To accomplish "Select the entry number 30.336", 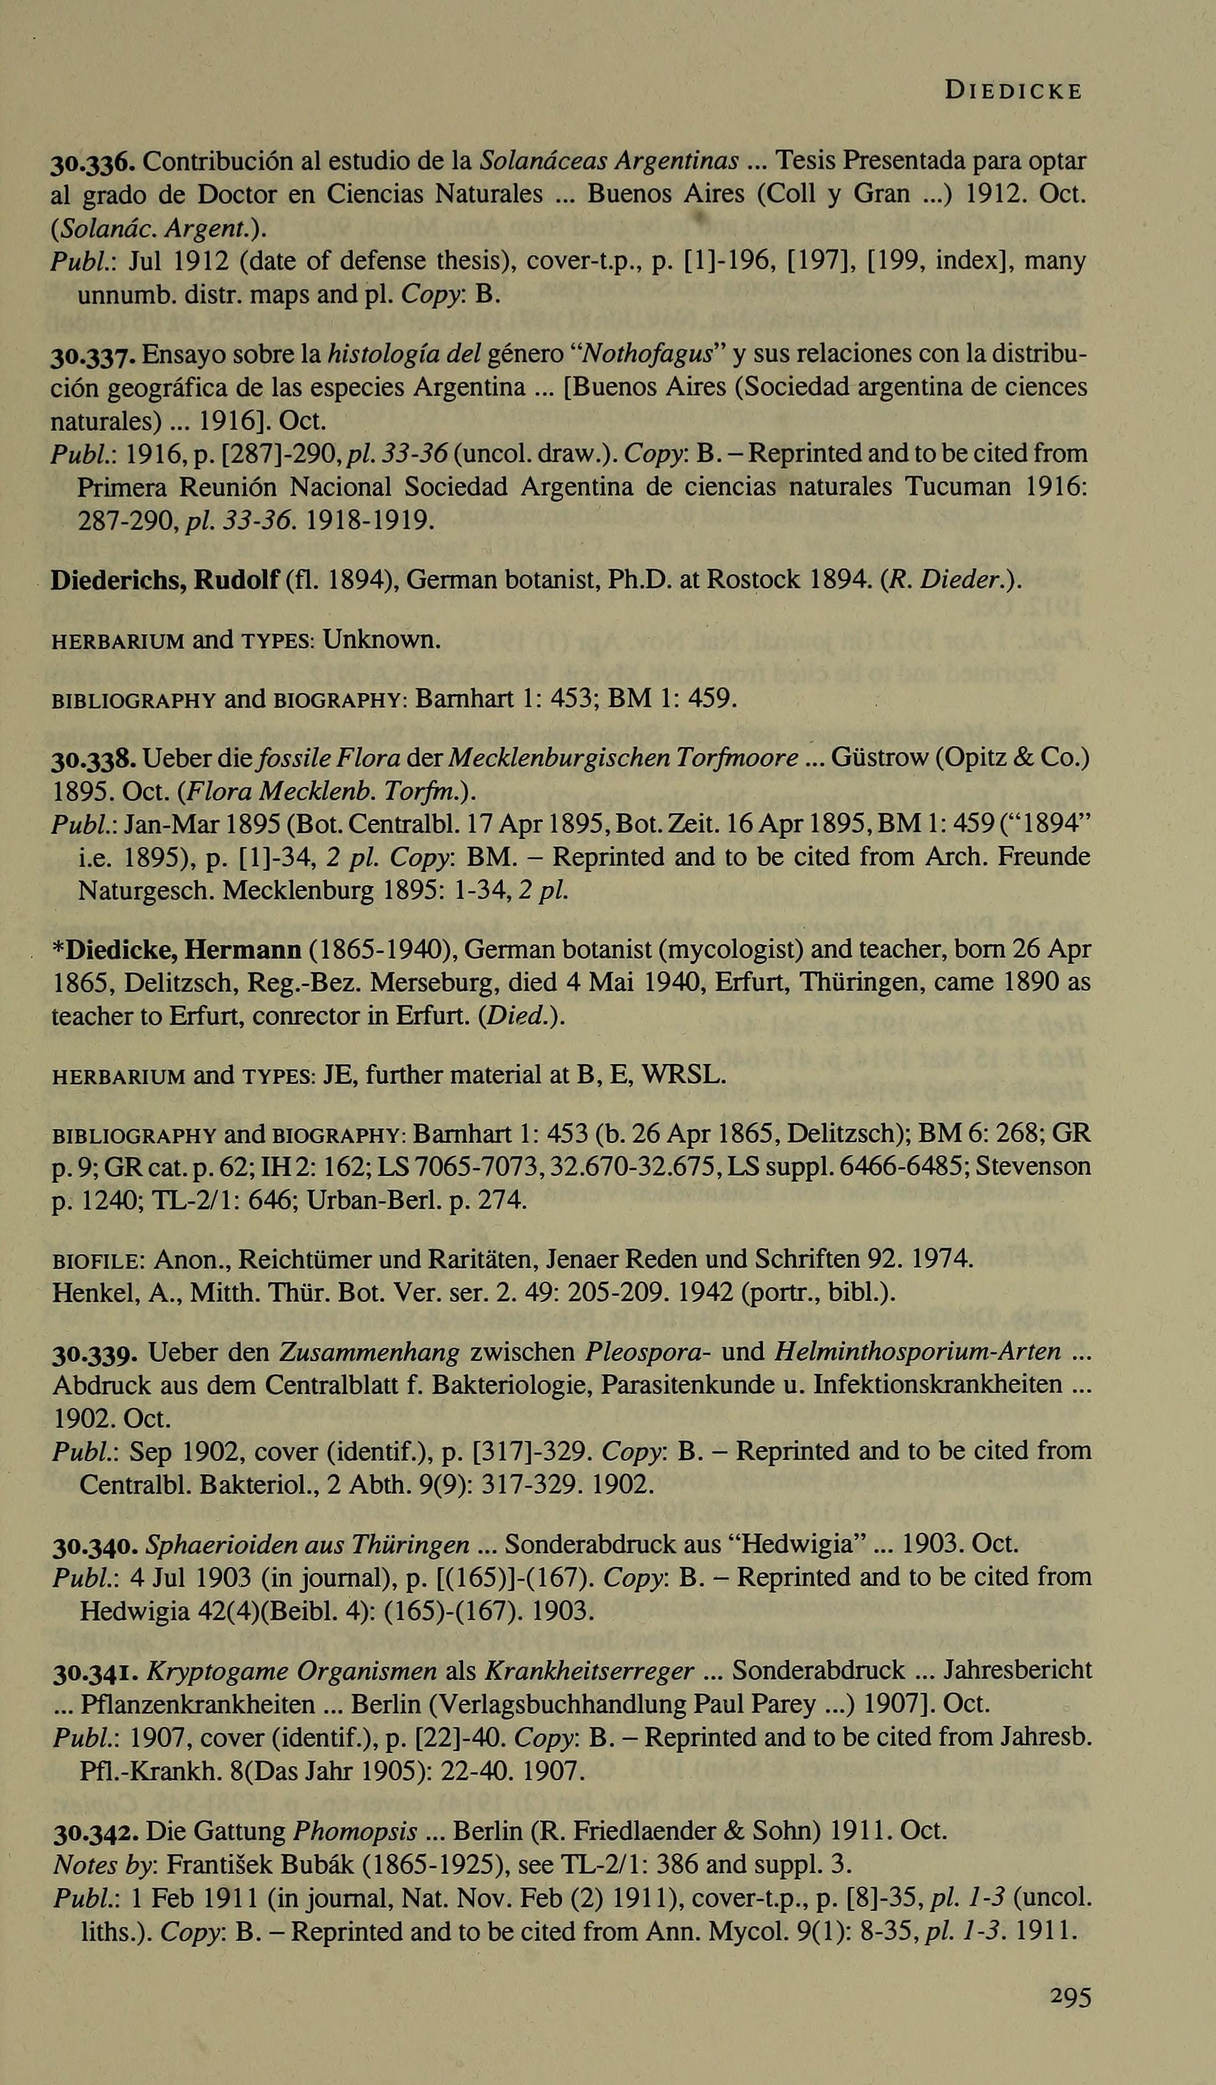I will (x=93, y=160).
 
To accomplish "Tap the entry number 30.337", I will (x=93, y=356).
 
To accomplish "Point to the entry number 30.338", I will (x=93, y=758).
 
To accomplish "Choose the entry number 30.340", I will (x=93, y=1545).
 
